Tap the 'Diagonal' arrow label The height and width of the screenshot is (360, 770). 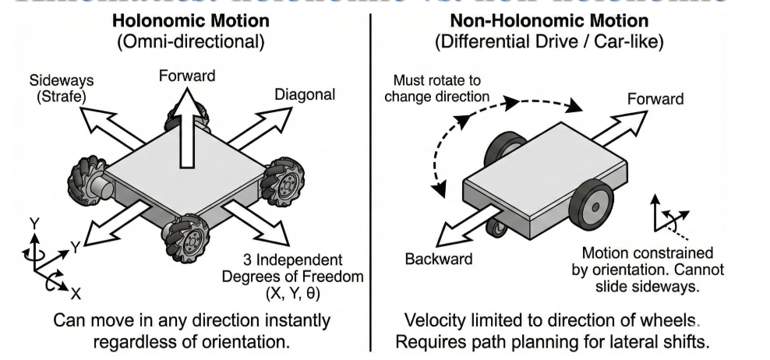pyautogui.click(x=305, y=95)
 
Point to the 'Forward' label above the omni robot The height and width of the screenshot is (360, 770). pyautogui.click(x=187, y=76)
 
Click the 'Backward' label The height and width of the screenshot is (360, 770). pyautogui.click(x=439, y=259)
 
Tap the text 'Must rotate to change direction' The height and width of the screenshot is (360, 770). pyautogui.click(x=436, y=88)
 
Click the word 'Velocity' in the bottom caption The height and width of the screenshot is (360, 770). pyautogui.click(x=434, y=320)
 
